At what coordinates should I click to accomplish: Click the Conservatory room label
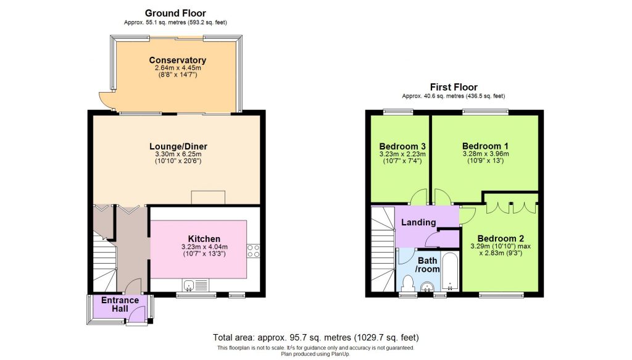click(x=177, y=60)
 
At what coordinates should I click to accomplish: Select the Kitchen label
click(x=204, y=239)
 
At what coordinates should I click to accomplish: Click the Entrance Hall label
click(x=120, y=304)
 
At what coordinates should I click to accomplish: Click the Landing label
click(x=418, y=222)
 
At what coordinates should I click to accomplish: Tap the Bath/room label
click(x=427, y=266)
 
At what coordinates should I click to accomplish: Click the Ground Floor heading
click(x=175, y=13)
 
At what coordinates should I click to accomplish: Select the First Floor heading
click(x=454, y=87)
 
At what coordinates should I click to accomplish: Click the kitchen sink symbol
click(x=191, y=284)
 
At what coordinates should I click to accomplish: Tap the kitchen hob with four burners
click(x=253, y=250)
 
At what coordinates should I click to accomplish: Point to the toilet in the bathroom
click(x=407, y=283)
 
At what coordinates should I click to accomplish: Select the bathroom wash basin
click(x=427, y=287)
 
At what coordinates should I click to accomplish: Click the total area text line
click(x=315, y=338)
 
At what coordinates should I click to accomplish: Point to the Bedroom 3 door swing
click(x=420, y=197)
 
